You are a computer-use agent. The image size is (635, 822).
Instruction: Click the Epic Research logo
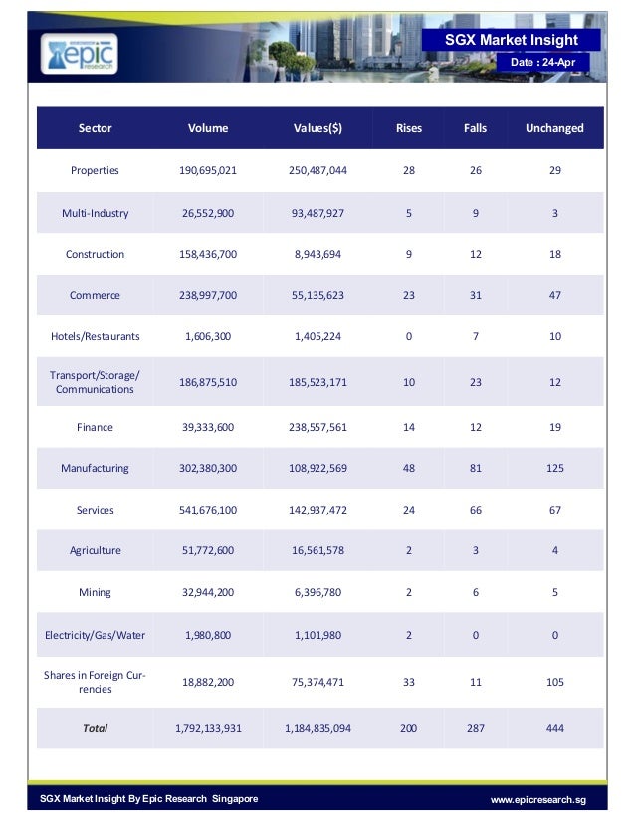coord(80,54)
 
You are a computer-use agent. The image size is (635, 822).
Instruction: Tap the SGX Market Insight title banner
coord(512,40)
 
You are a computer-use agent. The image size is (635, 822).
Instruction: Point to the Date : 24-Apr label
coord(542,62)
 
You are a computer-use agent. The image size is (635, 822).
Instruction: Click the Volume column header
coord(208,128)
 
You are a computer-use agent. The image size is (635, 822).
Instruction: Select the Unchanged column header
coord(554,128)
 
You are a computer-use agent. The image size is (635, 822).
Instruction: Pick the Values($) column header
coord(317,128)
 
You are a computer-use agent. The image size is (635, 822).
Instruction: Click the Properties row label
coord(95,170)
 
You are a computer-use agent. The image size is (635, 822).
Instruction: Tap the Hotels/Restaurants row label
coord(95,336)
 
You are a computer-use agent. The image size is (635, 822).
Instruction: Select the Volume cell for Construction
coord(208,254)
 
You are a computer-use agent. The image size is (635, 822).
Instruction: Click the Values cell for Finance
coord(317,427)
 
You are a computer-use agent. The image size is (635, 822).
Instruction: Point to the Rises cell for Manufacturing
coord(409,468)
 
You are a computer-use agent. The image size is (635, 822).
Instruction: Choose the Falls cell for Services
coord(476,510)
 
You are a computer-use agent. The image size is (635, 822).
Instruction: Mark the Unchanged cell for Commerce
coord(554,295)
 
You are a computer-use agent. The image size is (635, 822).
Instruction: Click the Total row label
coord(95,728)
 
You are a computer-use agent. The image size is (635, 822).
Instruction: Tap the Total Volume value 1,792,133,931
coord(208,728)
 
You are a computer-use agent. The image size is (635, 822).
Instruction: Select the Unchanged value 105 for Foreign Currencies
coord(554,682)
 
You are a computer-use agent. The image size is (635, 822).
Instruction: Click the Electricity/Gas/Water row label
coord(95,635)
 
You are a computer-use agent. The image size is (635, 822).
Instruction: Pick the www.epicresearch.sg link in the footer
coord(538,800)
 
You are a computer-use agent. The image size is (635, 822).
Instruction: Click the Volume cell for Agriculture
coord(208,551)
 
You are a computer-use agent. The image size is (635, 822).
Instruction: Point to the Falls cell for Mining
coord(476,592)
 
